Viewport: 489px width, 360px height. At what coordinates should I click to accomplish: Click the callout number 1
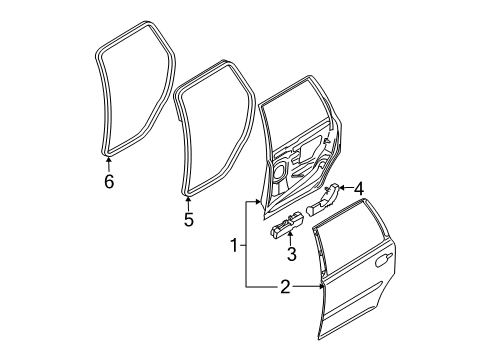(x=233, y=245)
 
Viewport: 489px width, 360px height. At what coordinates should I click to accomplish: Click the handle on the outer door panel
(x=382, y=263)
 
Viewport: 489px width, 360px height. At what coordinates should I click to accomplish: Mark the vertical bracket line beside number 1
(x=245, y=245)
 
